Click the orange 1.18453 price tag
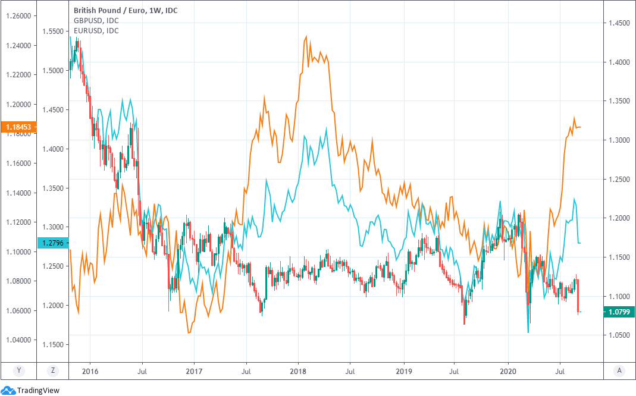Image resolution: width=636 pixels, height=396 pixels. pyautogui.click(x=19, y=127)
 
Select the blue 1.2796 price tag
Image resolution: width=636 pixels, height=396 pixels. pyautogui.click(x=53, y=243)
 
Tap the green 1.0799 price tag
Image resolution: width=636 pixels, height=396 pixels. pyautogui.click(x=619, y=312)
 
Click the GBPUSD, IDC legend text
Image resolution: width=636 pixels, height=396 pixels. pyautogui.click(x=96, y=20)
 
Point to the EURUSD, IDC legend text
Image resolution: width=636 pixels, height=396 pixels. pyautogui.click(x=96, y=30)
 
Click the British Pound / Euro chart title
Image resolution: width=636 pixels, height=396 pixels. pyautogui.click(x=125, y=10)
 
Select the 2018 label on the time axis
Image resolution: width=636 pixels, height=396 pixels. pyautogui.click(x=299, y=370)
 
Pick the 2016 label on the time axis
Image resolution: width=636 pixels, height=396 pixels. pyautogui.click(x=90, y=370)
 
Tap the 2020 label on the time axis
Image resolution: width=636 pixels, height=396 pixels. pyautogui.click(x=509, y=370)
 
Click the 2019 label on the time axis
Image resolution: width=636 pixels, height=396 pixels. pyautogui.click(x=404, y=370)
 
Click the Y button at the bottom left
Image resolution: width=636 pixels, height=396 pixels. pyautogui.click(x=19, y=370)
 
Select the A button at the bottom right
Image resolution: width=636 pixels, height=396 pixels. pyautogui.click(x=619, y=370)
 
